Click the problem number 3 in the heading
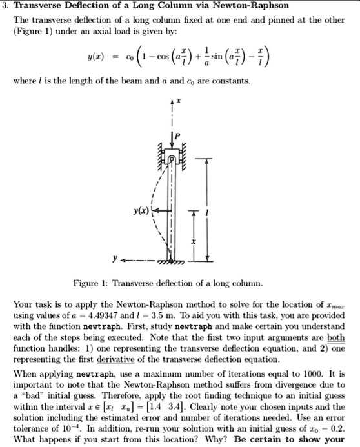tap(5, 6)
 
